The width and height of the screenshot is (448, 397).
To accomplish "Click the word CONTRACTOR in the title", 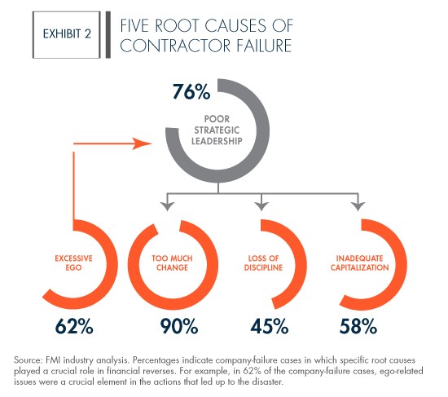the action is tap(175, 46).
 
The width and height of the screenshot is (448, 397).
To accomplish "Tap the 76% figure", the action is tap(191, 91).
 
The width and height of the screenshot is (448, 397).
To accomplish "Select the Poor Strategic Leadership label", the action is tap(217, 130).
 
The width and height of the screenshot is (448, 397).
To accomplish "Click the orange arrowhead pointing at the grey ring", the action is tap(142, 143).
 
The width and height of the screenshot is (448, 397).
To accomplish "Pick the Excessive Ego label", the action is tap(73, 263).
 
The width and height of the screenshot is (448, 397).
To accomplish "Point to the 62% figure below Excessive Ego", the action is tap(74, 326).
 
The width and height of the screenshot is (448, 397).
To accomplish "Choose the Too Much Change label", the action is tap(172, 263).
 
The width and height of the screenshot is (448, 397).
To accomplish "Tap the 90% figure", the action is tap(179, 326).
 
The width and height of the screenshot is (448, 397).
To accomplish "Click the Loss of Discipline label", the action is tap(263, 263).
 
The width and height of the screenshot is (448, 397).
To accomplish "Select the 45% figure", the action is tap(270, 326).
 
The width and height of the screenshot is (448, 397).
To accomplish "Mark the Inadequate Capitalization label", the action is tap(360, 263).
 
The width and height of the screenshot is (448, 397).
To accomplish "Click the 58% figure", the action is tap(358, 326).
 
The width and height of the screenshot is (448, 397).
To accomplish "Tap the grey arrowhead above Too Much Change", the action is tap(168, 206).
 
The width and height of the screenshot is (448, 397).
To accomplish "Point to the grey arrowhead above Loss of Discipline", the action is tap(261, 206).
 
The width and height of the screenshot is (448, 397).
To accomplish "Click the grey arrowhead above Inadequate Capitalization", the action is tap(358, 206).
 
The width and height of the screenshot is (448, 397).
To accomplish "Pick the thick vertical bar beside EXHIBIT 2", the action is tap(108, 35).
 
